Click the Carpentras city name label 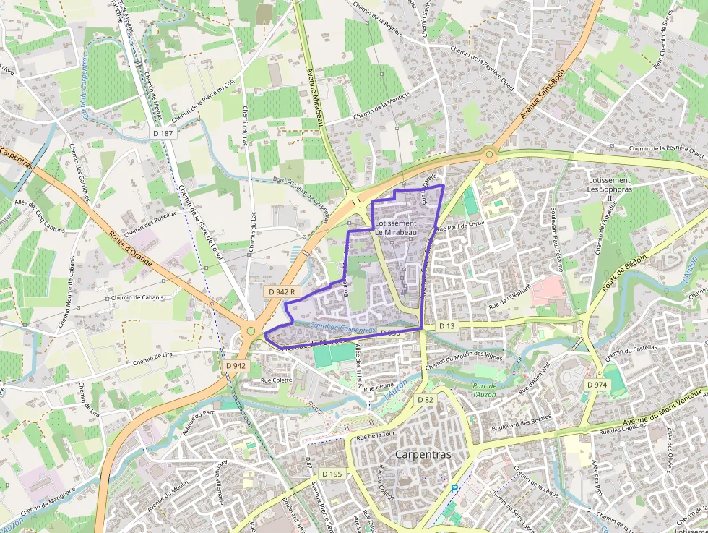[x=423, y=455]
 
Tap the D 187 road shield [x=164, y=134]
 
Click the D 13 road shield [x=448, y=327]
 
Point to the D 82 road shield [x=425, y=400]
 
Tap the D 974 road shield [x=597, y=385]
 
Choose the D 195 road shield [x=332, y=474]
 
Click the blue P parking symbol [x=454, y=489]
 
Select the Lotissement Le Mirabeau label [x=395, y=228]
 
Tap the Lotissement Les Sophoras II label [x=610, y=189]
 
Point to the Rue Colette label [x=276, y=380]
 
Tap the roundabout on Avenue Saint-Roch [x=489, y=154]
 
